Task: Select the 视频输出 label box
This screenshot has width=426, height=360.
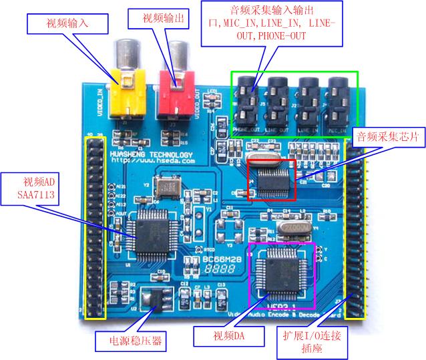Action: [162, 18]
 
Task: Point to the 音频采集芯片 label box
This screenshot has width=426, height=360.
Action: [388, 136]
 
